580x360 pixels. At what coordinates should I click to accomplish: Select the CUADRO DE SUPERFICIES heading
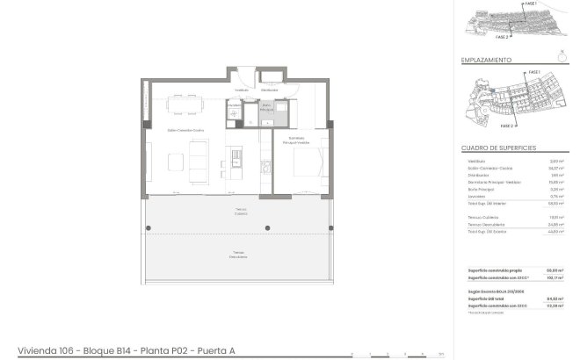pyautogui.click(x=499, y=148)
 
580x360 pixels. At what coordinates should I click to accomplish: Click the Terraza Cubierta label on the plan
pyautogui.click(x=240, y=212)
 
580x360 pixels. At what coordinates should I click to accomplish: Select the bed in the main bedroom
pyautogui.click(x=309, y=163)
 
